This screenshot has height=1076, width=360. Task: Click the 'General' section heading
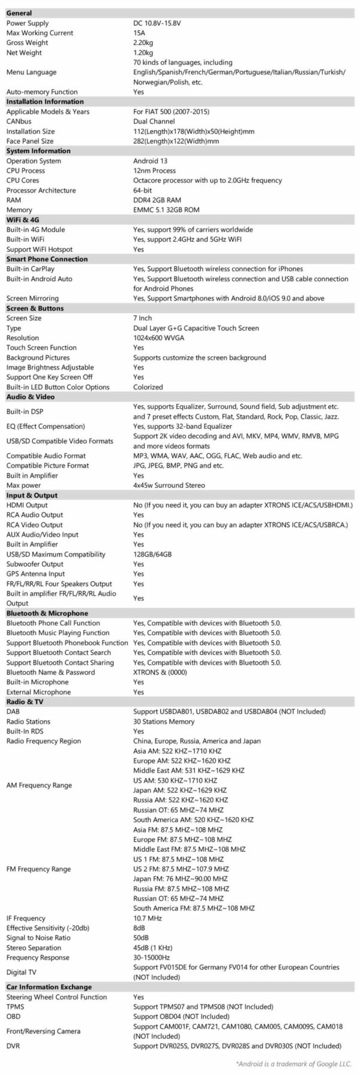pyautogui.click(x=19, y=13)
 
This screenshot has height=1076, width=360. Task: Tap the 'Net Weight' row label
pyautogui.click(x=24, y=53)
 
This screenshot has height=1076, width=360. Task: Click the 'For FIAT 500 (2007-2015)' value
pyautogui.click(x=171, y=112)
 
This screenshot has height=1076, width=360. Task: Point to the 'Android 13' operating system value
pyautogui.click(x=150, y=161)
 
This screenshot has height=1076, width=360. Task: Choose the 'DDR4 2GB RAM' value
pyautogui.click(x=157, y=200)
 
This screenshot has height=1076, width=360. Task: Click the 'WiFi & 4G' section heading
pyautogui.click(x=23, y=220)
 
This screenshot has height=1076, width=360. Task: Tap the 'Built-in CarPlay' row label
pyautogui.click(x=30, y=269)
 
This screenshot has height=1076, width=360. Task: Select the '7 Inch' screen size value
pyautogui.click(x=142, y=318)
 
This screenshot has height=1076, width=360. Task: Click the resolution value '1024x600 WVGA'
pyautogui.click(x=158, y=338)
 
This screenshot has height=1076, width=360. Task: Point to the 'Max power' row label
pyautogui.click(x=24, y=485)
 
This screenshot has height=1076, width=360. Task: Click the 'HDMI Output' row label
pyautogui.click(x=26, y=505)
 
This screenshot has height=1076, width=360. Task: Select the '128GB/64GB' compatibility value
pyautogui.click(x=152, y=554)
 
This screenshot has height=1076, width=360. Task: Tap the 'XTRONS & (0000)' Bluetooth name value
pyautogui.click(x=160, y=672)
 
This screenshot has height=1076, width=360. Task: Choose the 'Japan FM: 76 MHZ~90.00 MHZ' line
pyautogui.click(x=179, y=879)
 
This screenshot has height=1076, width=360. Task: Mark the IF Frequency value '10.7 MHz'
pyautogui.click(x=148, y=918)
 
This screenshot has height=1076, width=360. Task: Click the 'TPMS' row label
pyautogui.click(x=15, y=1006)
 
